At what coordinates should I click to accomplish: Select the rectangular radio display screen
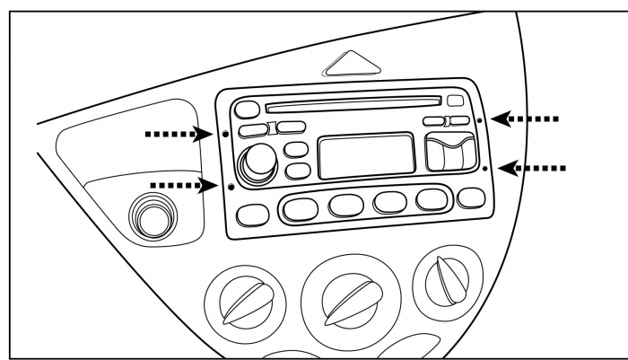(368, 155)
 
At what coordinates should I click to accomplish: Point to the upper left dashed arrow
(176, 135)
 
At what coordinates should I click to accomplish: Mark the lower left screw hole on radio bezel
(231, 187)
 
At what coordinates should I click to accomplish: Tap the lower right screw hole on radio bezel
(485, 168)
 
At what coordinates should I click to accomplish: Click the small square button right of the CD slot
(455, 101)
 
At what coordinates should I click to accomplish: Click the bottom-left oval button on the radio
(255, 214)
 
